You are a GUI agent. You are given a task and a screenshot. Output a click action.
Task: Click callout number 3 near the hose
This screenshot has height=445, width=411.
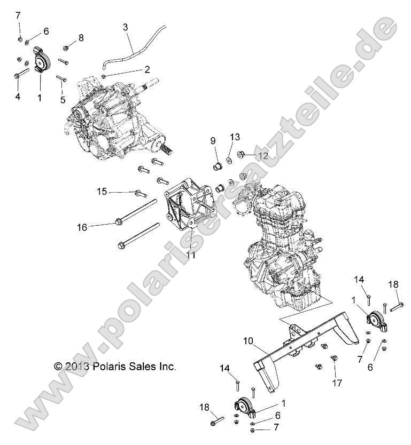coord(125,27)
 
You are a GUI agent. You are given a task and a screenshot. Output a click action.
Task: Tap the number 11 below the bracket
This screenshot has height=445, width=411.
coord(191,255)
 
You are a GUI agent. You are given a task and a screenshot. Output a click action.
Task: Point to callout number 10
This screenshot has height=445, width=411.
coord(247,340)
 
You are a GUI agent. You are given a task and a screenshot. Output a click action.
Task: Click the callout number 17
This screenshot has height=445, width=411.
coord(336,382)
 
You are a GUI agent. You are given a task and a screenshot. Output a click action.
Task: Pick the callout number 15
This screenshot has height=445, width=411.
coord(102,191)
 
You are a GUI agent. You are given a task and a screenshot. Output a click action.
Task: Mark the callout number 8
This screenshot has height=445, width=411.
coord(81,37)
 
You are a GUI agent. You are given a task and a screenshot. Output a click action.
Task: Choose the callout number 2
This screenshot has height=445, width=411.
coord(146,69)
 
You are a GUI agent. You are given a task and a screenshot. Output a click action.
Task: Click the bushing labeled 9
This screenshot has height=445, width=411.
coord(218,164)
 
